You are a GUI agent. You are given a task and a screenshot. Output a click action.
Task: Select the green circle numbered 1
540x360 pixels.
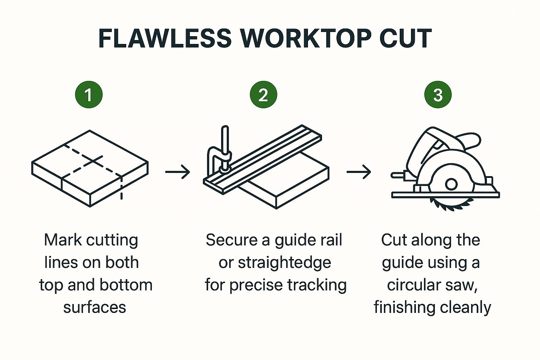89,95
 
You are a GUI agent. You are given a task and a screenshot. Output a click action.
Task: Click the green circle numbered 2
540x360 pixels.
263,95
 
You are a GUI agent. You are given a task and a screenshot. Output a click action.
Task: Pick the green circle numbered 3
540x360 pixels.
438,95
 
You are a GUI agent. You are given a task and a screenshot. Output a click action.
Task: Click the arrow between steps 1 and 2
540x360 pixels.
178,172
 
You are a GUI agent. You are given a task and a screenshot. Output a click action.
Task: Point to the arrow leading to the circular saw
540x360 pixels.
359,172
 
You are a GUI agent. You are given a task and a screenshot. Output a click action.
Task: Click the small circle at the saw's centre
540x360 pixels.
451,184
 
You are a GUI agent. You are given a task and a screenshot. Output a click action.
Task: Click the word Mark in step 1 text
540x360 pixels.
63,240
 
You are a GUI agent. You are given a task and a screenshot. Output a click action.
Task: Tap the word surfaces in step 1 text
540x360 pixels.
95,308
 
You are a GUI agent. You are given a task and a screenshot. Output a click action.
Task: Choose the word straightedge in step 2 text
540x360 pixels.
284,263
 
